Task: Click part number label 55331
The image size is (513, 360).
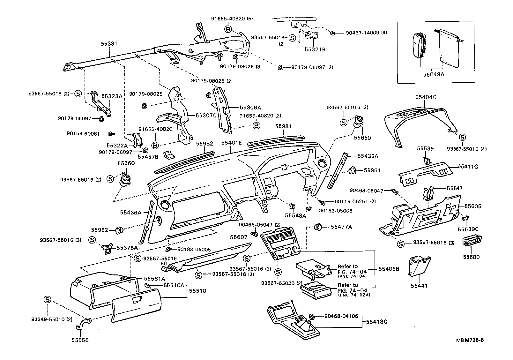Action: [109, 44]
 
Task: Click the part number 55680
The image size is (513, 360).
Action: [471, 257]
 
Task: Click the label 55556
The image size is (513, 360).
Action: [80, 340]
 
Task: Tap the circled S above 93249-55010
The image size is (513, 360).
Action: [47, 299]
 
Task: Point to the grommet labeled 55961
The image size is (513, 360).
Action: [352, 170]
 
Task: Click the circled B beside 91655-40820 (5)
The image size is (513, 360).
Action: [228, 29]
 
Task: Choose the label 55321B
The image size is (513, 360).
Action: [315, 50]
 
